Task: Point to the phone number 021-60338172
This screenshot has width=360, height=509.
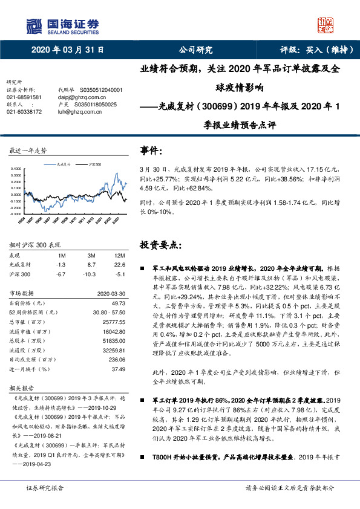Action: [x=24, y=111]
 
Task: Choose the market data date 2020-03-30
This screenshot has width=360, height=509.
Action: [x=109, y=293]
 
